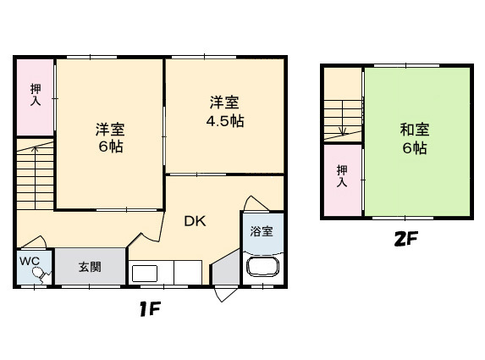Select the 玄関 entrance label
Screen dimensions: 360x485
point(91,268)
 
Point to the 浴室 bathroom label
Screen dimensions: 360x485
point(262,231)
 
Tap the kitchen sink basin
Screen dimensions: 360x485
point(143,273)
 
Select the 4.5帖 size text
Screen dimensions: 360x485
point(227,120)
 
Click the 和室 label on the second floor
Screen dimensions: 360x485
point(415,130)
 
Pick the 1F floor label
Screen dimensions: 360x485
point(151,309)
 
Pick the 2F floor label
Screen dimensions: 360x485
point(405,240)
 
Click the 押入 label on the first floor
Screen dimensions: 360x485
point(36,95)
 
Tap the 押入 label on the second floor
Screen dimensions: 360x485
point(342,176)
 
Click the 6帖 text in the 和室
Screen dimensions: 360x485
point(415,149)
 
